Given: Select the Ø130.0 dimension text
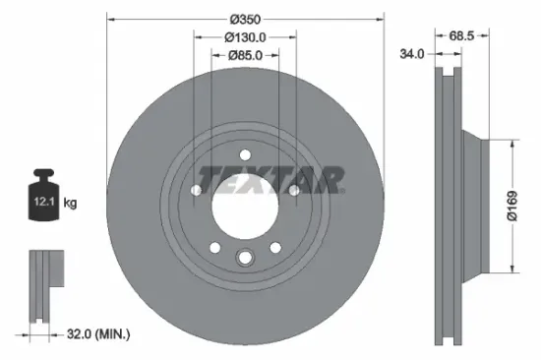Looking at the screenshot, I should (x=244, y=37).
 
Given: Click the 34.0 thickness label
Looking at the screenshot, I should (x=412, y=54).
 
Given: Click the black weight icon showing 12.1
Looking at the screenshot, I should (x=44, y=202).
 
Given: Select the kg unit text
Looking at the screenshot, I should (x=70, y=204).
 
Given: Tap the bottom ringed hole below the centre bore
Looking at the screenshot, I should (x=244, y=259).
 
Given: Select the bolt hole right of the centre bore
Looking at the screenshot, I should (x=293, y=190).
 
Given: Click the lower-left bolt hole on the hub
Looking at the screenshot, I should (x=212, y=246).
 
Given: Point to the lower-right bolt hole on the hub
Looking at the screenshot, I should (x=275, y=246).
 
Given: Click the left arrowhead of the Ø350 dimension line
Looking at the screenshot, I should (x=110, y=19).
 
